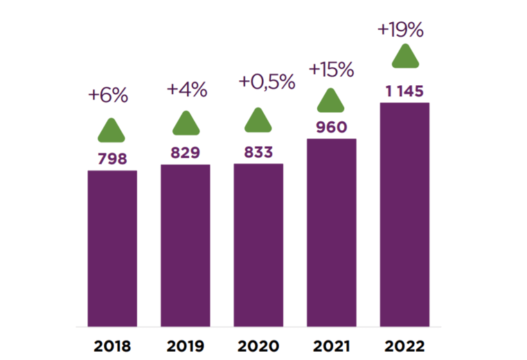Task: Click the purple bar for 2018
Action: [x=112, y=249]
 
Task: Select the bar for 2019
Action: [x=185, y=245]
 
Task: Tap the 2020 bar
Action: [x=258, y=245]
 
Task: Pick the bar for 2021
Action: [x=332, y=233]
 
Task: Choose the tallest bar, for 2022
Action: [x=404, y=215]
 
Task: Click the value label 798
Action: [x=112, y=159]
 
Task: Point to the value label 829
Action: [x=185, y=152]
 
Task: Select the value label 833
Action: [x=258, y=152]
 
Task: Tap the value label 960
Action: [x=332, y=127]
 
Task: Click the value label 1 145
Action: [x=404, y=91]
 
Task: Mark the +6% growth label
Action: [x=108, y=95]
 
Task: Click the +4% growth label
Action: [x=187, y=90]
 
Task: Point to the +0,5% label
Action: [x=267, y=82]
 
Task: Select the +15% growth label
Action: [x=332, y=70]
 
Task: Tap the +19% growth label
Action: [x=401, y=30]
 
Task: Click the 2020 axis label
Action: [x=258, y=346]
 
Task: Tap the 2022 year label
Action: [x=404, y=346]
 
